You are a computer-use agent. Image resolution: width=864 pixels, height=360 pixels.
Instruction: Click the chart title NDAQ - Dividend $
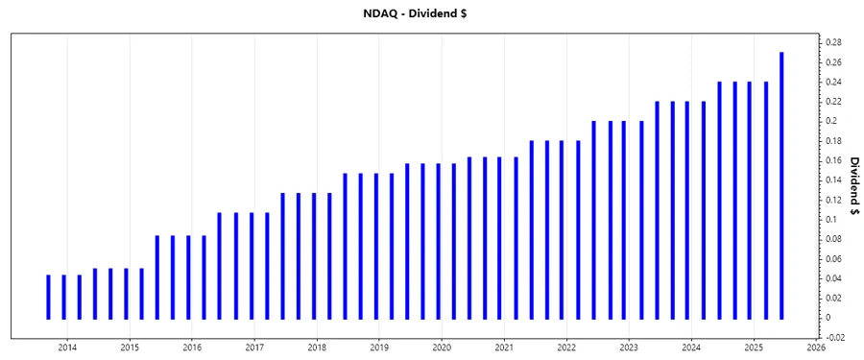(431, 13)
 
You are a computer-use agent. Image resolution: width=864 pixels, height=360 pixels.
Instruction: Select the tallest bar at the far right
(781, 185)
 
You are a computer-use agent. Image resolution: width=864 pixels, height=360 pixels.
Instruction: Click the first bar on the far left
(48, 297)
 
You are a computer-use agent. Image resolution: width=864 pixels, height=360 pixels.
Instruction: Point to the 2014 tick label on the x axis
(67, 347)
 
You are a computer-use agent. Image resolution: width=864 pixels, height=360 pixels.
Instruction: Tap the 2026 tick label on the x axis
(816, 347)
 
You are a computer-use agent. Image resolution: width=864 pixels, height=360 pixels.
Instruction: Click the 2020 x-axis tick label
(442, 347)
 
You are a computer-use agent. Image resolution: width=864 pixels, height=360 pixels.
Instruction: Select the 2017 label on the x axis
(254, 347)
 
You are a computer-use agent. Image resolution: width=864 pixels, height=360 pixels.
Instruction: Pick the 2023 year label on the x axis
(629, 347)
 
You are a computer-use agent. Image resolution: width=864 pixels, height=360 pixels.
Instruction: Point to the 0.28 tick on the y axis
(832, 42)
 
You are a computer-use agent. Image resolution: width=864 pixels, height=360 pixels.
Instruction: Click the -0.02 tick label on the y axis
(834, 337)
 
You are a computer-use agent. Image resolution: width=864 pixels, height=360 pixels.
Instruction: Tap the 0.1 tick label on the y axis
(830, 219)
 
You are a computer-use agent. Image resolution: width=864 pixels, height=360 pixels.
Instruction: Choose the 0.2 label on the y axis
(830, 121)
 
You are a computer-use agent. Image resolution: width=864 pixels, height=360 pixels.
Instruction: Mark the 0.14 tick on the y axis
(832, 180)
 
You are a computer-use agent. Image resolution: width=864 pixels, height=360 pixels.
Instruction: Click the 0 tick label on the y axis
(827, 318)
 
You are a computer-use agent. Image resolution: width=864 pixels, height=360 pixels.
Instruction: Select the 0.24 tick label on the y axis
(832, 82)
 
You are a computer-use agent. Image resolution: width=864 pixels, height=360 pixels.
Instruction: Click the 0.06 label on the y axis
(832, 258)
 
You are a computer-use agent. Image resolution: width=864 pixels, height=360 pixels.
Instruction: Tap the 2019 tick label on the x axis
(379, 347)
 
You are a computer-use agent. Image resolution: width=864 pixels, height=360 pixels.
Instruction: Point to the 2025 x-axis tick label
(754, 347)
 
